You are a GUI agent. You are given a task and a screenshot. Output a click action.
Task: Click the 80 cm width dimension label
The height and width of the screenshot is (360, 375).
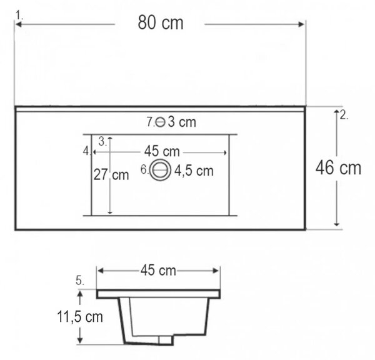click(x=161, y=22)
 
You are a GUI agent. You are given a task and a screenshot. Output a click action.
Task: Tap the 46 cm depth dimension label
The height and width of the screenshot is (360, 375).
click(x=338, y=167)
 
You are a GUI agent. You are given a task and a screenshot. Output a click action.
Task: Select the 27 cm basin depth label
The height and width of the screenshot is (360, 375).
click(x=111, y=174)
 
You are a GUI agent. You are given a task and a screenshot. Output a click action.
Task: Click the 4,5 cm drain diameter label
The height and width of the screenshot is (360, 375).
click(x=194, y=171)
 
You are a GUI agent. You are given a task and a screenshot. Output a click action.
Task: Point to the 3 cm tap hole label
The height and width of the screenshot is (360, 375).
click(x=182, y=122)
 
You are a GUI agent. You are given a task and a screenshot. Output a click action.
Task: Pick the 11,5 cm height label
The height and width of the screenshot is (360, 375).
click(x=80, y=317)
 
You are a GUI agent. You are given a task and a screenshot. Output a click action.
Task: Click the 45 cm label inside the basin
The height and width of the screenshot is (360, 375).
click(x=162, y=151)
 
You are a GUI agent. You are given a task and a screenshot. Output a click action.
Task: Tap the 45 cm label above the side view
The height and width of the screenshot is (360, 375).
click(x=158, y=271)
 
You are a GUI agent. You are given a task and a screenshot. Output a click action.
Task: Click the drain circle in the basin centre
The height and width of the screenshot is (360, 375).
click(x=160, y=170)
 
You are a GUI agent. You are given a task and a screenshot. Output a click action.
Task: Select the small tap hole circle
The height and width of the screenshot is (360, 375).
click(x=160, y=122)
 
